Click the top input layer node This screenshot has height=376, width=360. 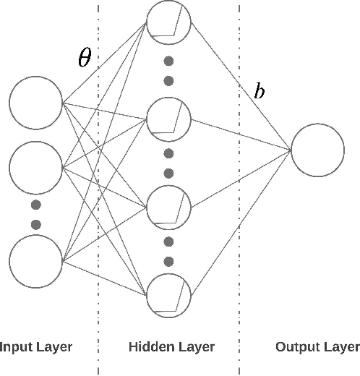click(x=36, y=101)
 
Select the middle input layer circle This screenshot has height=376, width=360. click(x=36, y=168)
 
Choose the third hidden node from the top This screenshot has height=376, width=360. click(x=168, y=205)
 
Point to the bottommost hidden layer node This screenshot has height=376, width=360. click(x=168, y=295)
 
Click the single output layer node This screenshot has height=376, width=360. click(x=317, y=150)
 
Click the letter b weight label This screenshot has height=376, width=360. click(x=259, y=92)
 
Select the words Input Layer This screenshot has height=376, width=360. click(x=36, y=347)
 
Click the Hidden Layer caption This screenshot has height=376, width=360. click(x=171, y=347)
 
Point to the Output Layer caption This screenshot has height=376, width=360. click(x=317, y=347)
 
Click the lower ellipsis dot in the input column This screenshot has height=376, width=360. click(x=36, y=224)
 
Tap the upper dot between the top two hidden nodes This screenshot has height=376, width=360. click(x=168, y=60)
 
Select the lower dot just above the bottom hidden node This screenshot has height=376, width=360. click(x=168, y=260)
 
